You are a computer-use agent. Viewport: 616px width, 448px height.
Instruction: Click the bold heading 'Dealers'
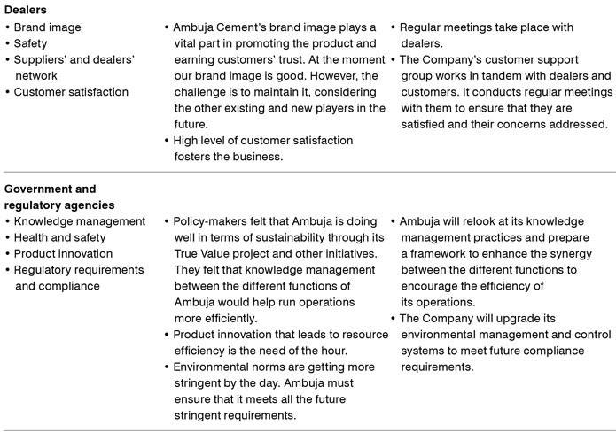tap(26, 10)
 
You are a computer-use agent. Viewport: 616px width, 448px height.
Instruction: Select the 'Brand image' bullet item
tap(47, 27)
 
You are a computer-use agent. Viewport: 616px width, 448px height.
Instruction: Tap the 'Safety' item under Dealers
tap(31, 43)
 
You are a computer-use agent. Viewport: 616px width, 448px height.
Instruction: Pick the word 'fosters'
tap(194, 157)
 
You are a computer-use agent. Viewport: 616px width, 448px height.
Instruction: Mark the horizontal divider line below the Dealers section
tap(308, 173)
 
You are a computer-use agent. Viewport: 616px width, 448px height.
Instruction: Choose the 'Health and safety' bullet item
tap(59, 237)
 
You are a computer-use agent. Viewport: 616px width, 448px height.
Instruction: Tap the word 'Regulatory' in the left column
tap(43, 270)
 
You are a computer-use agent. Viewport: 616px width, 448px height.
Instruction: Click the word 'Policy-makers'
tap(211, 221)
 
